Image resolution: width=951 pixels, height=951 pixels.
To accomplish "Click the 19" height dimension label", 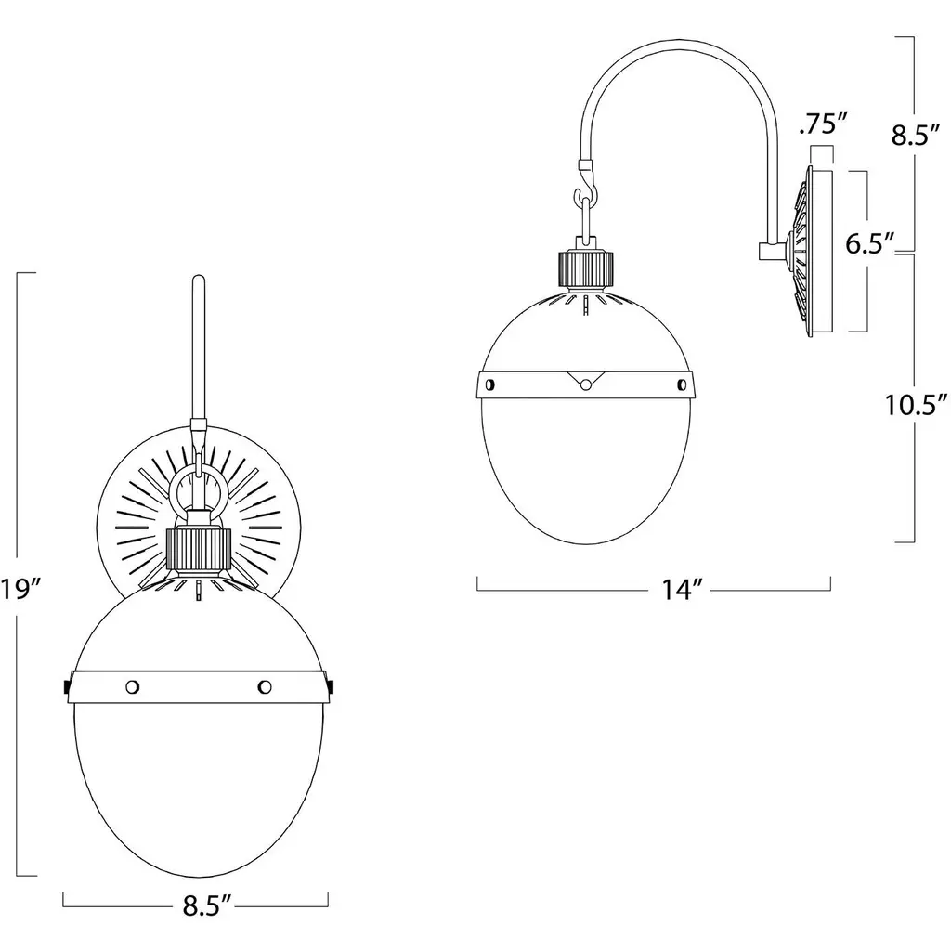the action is (20, 588).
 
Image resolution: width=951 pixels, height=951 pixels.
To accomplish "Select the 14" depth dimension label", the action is (681, 590).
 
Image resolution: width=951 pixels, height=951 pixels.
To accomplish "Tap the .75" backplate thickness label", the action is (823, 124).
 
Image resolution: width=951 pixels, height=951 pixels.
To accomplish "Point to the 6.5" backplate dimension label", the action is (870, 244).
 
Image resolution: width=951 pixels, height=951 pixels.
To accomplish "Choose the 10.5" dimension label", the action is (915, 405).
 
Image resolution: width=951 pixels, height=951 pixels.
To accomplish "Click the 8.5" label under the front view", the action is (207, 906).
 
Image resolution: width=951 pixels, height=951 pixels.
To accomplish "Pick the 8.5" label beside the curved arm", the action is (915, 136).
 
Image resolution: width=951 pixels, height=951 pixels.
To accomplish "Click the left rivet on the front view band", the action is (132, 686).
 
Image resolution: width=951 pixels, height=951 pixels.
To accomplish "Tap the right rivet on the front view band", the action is (265, 686).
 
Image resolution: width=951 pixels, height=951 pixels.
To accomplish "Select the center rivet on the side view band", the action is (585, 384).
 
